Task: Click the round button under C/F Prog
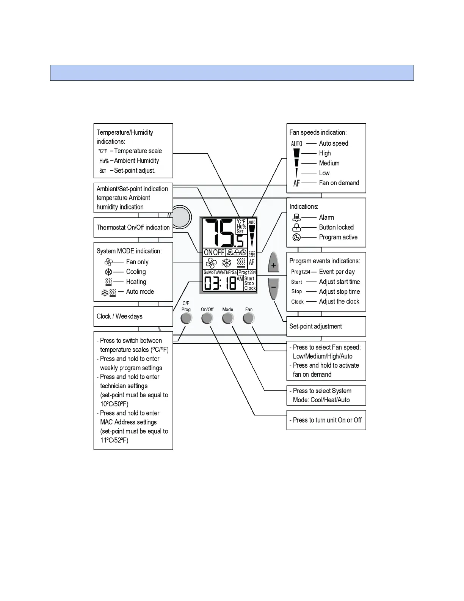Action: click(x=186, y=318)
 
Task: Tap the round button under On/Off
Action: click(x=207, y=318)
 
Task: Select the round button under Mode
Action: click(x=228, y=318)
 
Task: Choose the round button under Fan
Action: click(x=249, y=318)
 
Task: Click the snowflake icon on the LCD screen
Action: click(x=227, y=263)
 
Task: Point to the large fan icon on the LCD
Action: click(x=211, y=263)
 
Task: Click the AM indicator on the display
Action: click(x=240, y=279)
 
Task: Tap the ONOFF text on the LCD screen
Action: click(x=214, y=252)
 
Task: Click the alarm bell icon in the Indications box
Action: click(x=296, y=217)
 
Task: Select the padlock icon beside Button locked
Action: click(x=297, y=227)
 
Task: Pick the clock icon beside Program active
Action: click(x=296, y=237)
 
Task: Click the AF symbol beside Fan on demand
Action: click(x=296, y=183)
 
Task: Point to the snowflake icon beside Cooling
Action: click(x=108, y=272)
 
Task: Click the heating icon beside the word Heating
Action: click(x=108, y=282)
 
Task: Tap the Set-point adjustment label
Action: click(x=315, y=326)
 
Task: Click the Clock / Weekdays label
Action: click(x=119, y=316)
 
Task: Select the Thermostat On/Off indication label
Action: click(x=133, y=227)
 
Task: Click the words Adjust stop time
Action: click(x=339, y=292)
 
